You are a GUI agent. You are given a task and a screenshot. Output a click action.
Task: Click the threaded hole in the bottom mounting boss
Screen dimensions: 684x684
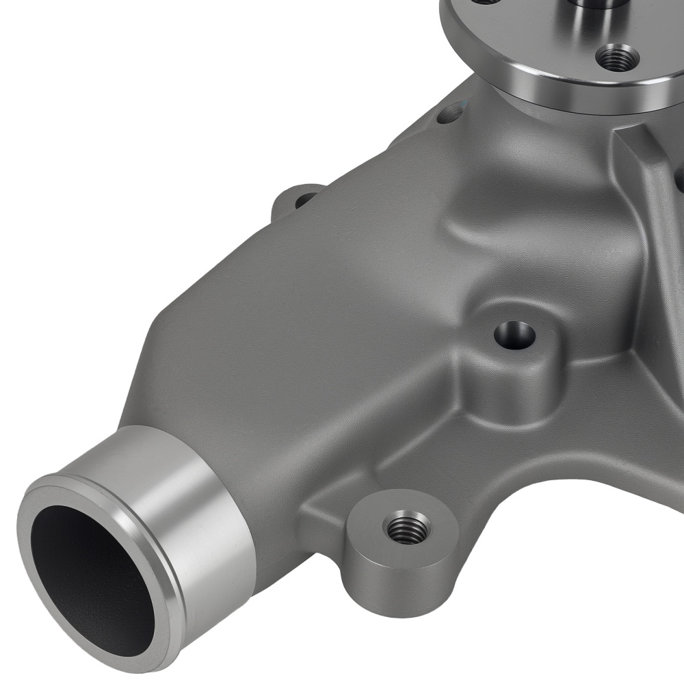pyautogui.click(x=408, y=527)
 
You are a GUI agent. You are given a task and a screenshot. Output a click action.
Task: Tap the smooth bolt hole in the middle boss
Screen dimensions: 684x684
pyautogui.click(x=514, y=336)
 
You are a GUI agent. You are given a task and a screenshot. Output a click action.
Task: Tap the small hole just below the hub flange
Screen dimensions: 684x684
pyautogui.click(x=449, y=114)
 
